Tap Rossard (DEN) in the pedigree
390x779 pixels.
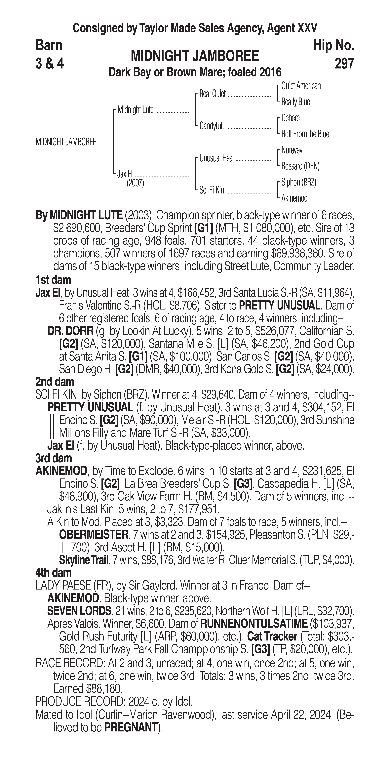[x=300, y=166]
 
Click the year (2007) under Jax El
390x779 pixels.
[x=135, y=183]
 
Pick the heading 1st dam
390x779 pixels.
[x=53, y=280]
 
